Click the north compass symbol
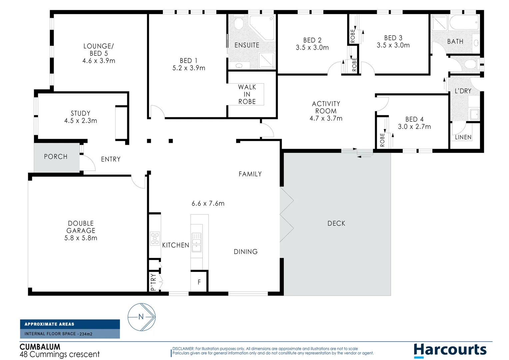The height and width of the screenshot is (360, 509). pos(142,317)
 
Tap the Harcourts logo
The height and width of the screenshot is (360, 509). pos(450,350)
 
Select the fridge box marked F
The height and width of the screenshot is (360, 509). pos(199,282)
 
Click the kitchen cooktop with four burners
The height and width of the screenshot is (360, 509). pos(155,239)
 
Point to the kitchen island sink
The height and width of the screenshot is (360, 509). pos(196,242)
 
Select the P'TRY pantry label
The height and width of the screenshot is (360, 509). pos(153,282)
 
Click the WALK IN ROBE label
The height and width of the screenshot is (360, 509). pos(247,94)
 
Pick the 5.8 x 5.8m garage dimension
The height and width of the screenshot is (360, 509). pos(81,238)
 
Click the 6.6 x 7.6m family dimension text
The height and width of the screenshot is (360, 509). pos(208,203)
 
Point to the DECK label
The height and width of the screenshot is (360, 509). pos(336,223)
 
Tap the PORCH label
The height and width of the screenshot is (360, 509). pos(56,157)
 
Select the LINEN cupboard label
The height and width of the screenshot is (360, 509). pos(463,137)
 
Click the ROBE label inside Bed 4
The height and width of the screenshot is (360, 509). pos(382,140)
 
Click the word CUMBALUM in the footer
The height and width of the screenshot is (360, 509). pos(40,347)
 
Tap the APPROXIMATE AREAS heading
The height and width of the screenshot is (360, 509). pos(49,324)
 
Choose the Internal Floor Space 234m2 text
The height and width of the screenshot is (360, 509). pos(58,334)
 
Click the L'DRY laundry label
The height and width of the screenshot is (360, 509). pos(463,91)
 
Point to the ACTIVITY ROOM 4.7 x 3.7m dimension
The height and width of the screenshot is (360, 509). pos(326,118)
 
